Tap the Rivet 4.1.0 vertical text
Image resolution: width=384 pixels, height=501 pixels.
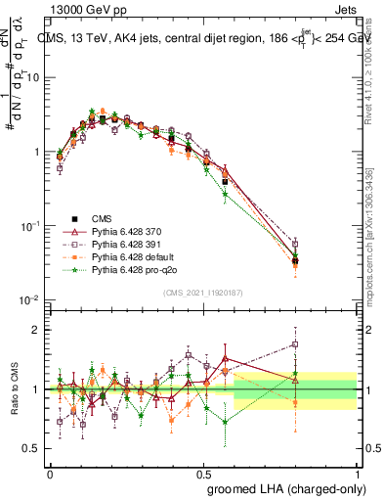pyautogui.click(x=375, y=68)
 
